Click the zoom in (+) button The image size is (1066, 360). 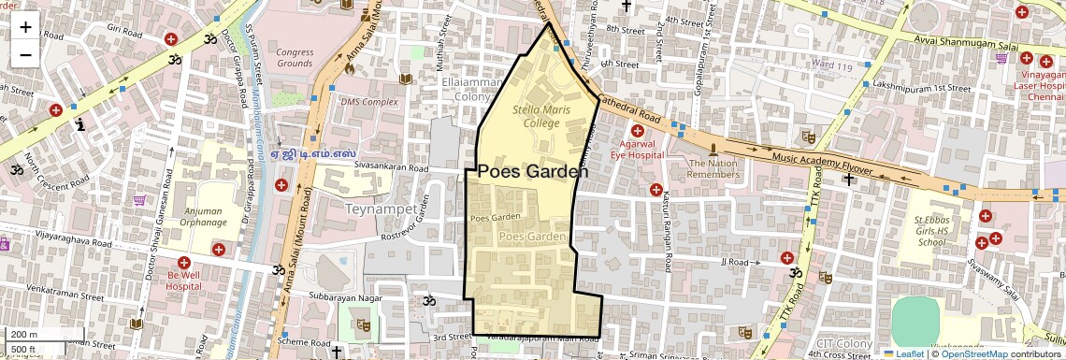(x=25, y=27)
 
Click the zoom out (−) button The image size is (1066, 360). (x=25, y=54)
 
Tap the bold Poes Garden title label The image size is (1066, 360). (x=533, y=172)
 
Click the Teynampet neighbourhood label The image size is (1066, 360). (x=381, y=208)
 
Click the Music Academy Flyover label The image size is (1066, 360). (x=823, y=164)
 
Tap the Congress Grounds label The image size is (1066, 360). (x=295, y=58)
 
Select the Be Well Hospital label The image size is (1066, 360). (x=184, y=281)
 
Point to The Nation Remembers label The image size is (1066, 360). (x=713, y=168)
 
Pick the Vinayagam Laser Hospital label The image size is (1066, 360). (x=1040, y=85)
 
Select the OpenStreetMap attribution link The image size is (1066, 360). (x=973, y=353)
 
